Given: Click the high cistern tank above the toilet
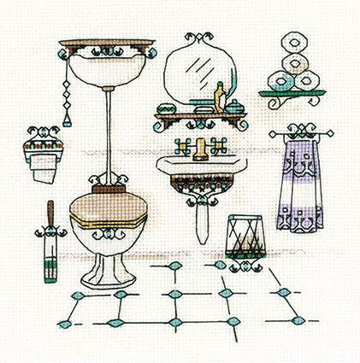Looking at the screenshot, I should [x=106, y=60].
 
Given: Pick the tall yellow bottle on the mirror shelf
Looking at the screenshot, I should [x=218, y=93].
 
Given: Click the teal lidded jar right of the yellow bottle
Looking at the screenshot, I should [x=233, y=104].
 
